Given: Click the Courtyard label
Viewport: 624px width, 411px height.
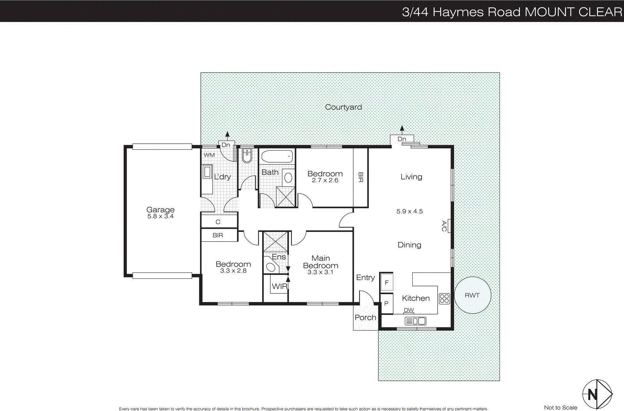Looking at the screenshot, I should pos(343,107).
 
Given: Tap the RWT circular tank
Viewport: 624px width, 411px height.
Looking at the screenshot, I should pos(472,295).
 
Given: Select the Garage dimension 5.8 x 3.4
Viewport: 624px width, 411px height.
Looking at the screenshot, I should pos(160,216).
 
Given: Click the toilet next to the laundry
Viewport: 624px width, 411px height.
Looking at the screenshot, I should pos(247,156).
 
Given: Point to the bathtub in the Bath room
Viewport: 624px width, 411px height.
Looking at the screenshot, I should pos(277,157).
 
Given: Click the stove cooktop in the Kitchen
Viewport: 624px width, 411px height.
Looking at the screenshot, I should pos(444,299).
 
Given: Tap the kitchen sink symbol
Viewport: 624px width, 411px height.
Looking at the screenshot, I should pos(415,321).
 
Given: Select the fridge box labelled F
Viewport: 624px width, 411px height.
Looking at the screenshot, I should pos(386,283).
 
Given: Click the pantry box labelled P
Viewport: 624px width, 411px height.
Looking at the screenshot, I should pos(386,303).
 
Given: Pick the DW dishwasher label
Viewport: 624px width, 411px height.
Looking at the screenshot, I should pos(409,310).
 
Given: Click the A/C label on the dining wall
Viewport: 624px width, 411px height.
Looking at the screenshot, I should pos(444,226).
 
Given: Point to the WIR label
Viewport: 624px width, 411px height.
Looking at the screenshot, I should pos(279,286).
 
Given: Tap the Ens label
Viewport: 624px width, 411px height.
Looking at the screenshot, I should pos(278,257).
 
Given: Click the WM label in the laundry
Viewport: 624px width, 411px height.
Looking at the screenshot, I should pos(209,155).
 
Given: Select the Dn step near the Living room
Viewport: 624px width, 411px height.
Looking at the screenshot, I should pos(402,139).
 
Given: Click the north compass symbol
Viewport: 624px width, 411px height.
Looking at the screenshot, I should pos(597,394).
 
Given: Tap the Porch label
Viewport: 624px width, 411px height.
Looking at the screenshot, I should pos(365,317).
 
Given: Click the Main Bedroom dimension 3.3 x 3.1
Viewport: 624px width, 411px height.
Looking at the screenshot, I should pos(320,272).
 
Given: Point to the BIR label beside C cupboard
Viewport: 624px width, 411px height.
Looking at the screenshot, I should pos(218,235).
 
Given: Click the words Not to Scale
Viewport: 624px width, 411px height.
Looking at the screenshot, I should pos(560,407).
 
